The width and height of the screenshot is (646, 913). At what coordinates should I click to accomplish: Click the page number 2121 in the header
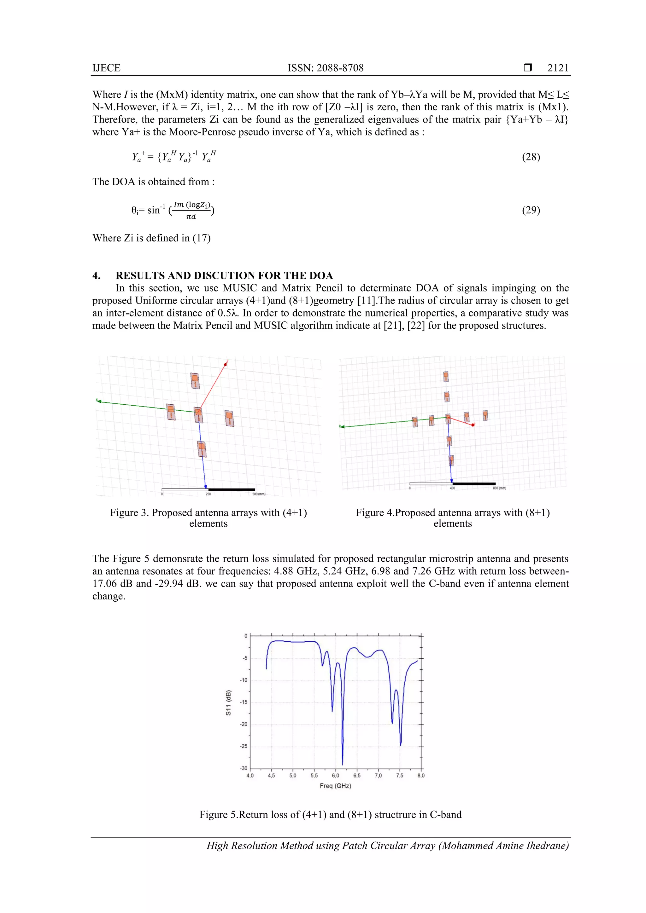pyautogui.click(x=558, y=68)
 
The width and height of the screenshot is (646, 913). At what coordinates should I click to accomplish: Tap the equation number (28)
pyautogui.click(x=531, y=157)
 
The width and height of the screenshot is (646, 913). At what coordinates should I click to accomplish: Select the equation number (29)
pyautogui.click(x=531, y=210)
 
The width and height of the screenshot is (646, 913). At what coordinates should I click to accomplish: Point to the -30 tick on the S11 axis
pyautogui.click(x=243, y=769)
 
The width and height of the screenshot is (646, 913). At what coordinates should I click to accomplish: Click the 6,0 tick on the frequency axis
pyautogui.click(x=336, y=776)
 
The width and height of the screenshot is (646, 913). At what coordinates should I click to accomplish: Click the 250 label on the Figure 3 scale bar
pyautogui.click(x=208, y=494)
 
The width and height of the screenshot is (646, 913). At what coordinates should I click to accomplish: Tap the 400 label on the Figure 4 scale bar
pyautogui.click(x=452, y=488)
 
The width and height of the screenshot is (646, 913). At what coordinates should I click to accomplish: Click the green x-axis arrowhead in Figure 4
pyautogui.click(x=342, y=427)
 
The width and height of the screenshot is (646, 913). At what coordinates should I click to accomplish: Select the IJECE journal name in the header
pyautogui.click(x=106, y=68)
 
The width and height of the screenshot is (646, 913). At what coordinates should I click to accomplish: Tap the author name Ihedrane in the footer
pyautogui.click(x=547, y=846)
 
